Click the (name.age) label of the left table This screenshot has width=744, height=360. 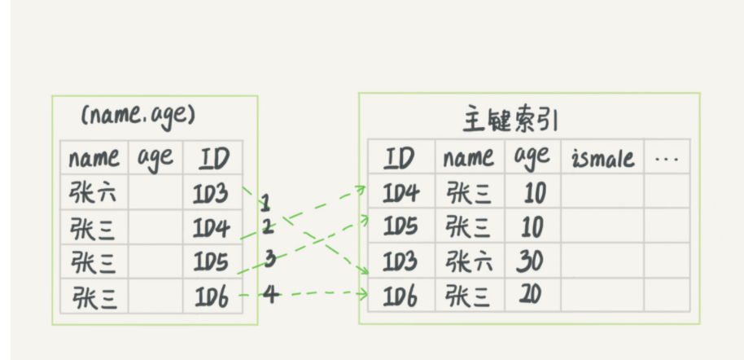(138, 116)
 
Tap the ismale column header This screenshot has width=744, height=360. (602, 158)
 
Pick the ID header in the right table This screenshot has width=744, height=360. (400, 157)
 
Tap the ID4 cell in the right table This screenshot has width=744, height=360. (400, 193)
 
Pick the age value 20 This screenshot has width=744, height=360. (531, 295)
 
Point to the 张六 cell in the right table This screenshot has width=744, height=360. (470, 261)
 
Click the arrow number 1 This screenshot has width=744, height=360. (265, 201)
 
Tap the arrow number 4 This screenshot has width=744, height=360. (271, 294)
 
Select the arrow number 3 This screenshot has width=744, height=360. (269, 259)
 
